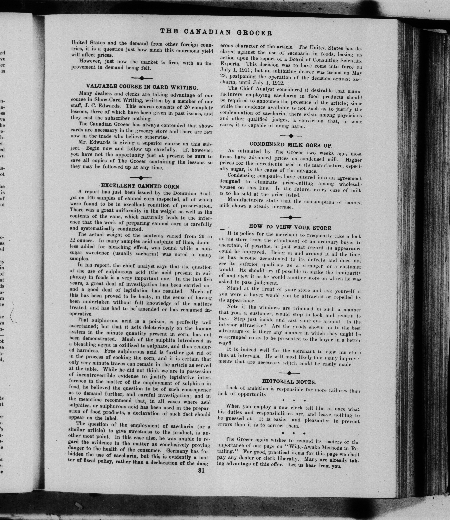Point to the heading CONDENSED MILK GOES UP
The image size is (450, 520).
click(x=291, y=145)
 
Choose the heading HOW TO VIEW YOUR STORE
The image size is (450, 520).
click(x=291, y=227)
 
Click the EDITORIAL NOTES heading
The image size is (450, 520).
click(x=289, y=382)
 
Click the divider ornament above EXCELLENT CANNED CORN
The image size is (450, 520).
click(x=141, y=178)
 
